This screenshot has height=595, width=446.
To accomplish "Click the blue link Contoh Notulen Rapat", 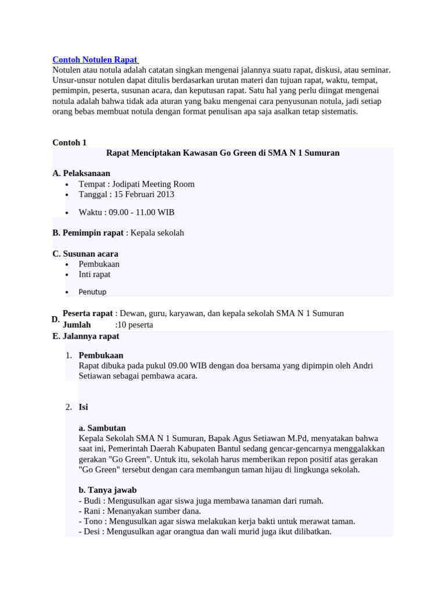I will click(x=95, y=59).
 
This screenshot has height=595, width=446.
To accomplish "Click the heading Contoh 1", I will click(x=69, y=142).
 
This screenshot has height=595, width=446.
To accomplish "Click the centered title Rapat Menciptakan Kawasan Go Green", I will click(x=223, y=153).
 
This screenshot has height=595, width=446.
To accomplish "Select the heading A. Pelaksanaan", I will click(x=81, y=173).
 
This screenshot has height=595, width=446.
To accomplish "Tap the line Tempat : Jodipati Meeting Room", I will click(x=136, y=184).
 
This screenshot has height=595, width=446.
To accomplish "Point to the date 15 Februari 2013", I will click(x=141, y=194).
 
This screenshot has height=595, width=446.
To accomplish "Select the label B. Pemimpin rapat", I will click(x=88, y=233).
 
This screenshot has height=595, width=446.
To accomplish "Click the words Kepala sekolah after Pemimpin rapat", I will click(x=157, y=233).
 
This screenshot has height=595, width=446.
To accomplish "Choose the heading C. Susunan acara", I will click(x=85, y=254).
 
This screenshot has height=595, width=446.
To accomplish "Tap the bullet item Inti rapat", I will click(x=95, y=274).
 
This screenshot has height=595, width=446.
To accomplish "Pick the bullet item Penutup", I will click(x=93, y=292).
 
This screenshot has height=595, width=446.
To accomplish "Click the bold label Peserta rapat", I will click(x=88, y=313).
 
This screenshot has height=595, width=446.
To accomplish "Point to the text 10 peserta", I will click(x=135, y=325).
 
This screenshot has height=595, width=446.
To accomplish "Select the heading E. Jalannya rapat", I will click(x=86, y=336).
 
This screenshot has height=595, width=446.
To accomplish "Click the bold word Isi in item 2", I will click(x=84, y=407).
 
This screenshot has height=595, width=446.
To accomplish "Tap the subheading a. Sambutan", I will click(x=102, y=428).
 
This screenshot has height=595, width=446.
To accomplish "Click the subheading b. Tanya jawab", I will click(x=107, y=490).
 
